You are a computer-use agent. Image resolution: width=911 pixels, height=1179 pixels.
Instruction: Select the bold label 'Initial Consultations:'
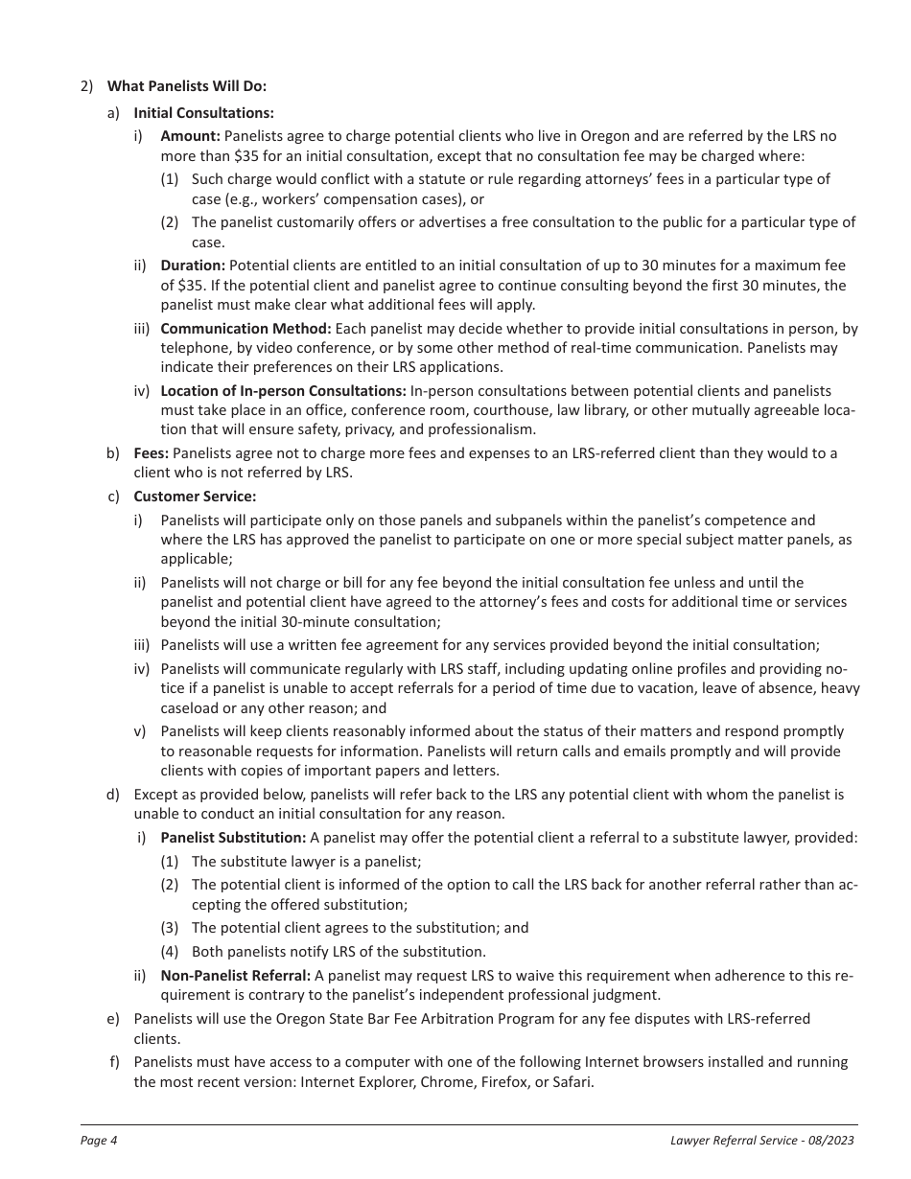coord(203,112)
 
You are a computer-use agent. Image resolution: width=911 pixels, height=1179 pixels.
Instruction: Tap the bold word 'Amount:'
coord(190,136)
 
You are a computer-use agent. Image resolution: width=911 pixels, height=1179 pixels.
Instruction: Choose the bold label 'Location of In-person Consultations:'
coord(283,391)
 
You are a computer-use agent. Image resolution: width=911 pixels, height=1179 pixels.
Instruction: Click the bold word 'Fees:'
coord(151,453)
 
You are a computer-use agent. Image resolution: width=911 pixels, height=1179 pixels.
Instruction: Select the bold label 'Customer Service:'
coord(195,497)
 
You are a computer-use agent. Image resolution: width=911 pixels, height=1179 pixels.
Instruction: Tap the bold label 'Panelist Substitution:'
coord(233,838)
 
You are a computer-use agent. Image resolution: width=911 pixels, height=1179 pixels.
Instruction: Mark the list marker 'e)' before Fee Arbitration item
coord(113,1019)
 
